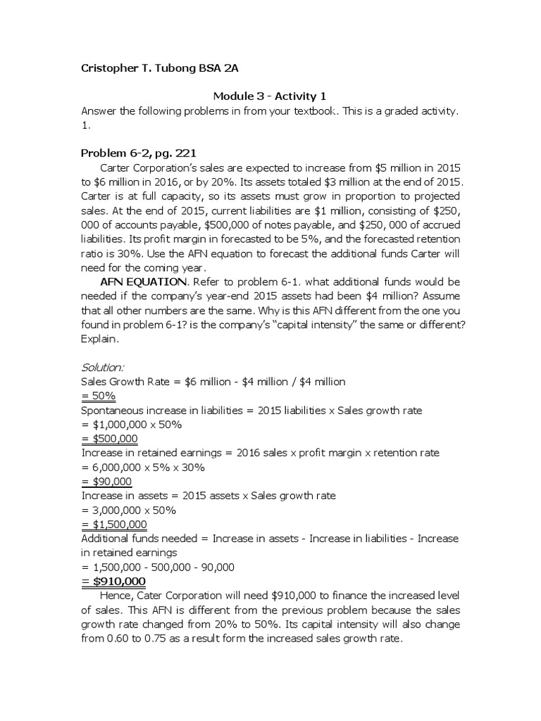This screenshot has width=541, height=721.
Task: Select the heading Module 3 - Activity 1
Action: tap(270, 96)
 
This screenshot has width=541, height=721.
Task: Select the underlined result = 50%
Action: tap(99, 396)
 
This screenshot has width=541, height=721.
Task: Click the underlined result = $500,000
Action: tap(109, 439)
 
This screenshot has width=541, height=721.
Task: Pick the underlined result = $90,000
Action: tap(106, 482)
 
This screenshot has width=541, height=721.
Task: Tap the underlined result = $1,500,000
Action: tap(113, 525)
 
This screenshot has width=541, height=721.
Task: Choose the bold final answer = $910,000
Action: tap(113, 581)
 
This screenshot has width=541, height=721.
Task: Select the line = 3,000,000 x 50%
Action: tap(129, 510)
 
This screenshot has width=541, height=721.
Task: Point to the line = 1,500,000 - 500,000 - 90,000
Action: tap(158, 567)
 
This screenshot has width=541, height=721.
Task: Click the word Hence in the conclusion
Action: tap(118, 596)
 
